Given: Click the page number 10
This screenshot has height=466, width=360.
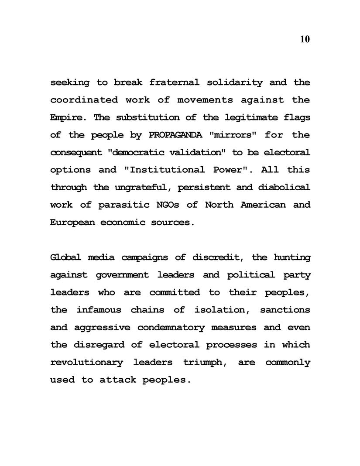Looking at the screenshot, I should point(305,39).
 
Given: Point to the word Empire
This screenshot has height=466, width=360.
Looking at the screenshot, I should point(65,118).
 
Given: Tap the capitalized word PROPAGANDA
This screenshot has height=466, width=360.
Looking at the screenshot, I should point(175,135).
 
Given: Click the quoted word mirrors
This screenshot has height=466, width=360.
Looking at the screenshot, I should point(233,135).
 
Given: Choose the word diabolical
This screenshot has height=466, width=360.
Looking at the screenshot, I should point(285,188).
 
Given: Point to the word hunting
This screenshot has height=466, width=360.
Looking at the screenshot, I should point(292,257).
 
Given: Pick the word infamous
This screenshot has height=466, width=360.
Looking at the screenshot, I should point(98,310).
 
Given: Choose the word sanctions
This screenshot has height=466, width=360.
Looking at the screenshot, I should point(285,310).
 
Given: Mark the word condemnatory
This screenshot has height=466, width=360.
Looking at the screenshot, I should point(171,327).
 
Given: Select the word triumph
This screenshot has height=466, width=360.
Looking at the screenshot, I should point(203,363).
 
